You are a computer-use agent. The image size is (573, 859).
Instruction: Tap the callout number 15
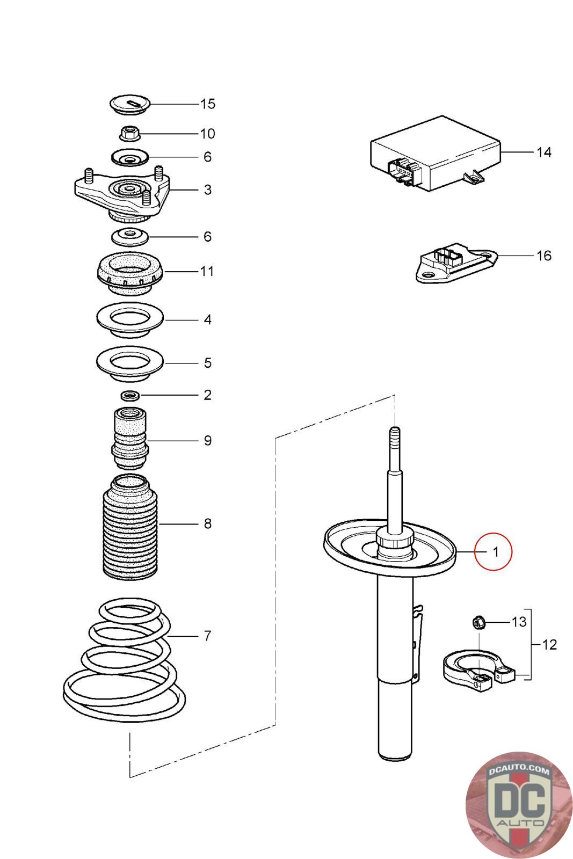pos(208,104)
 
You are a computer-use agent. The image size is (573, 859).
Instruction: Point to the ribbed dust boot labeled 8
pos(129,529)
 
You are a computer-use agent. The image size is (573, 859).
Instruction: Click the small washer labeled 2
pos(129,396)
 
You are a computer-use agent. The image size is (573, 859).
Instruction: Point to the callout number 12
pos(550,644)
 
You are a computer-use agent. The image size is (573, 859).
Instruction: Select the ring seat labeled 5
pos(129,363)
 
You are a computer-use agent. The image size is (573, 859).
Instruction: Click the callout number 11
pos(207,271)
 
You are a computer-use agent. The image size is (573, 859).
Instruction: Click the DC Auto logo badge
pos(518,805)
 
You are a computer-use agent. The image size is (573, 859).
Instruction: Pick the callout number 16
pos(544,256)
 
